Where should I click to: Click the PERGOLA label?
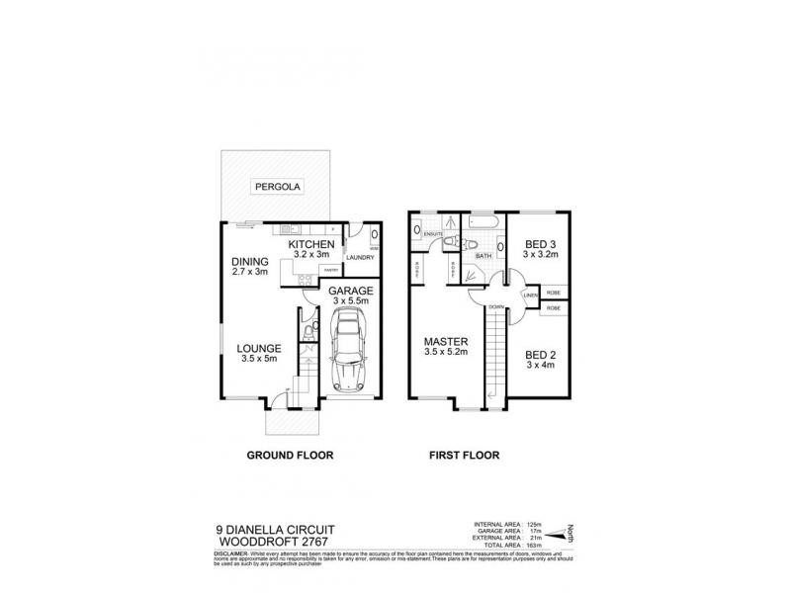click(277, 186)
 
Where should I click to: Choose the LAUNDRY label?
click(359, 258)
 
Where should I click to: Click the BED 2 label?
click(540, 355)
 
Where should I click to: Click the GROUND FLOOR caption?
click(289, 456)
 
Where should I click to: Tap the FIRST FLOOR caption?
click(464, 456)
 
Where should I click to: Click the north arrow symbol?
click(565, 534)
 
